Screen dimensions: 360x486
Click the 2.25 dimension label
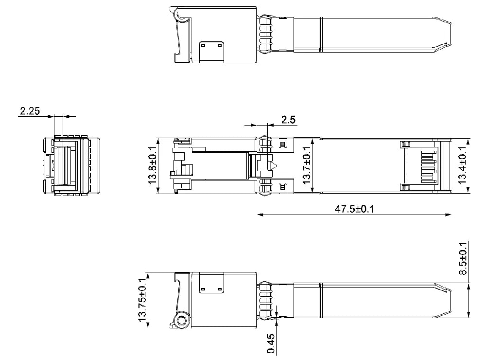29,111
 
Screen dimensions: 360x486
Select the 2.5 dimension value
288,119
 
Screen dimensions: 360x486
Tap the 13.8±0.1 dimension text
152,166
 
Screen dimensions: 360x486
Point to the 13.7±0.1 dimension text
306,166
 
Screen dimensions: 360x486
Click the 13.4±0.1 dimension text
462,166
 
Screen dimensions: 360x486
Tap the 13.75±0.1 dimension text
142,300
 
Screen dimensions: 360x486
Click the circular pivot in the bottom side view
182,320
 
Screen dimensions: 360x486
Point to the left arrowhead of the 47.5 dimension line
260,215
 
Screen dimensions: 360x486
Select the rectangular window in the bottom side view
211,283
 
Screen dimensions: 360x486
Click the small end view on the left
71,166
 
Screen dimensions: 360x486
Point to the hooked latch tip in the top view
181,58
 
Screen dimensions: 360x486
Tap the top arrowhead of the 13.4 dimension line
468,142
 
